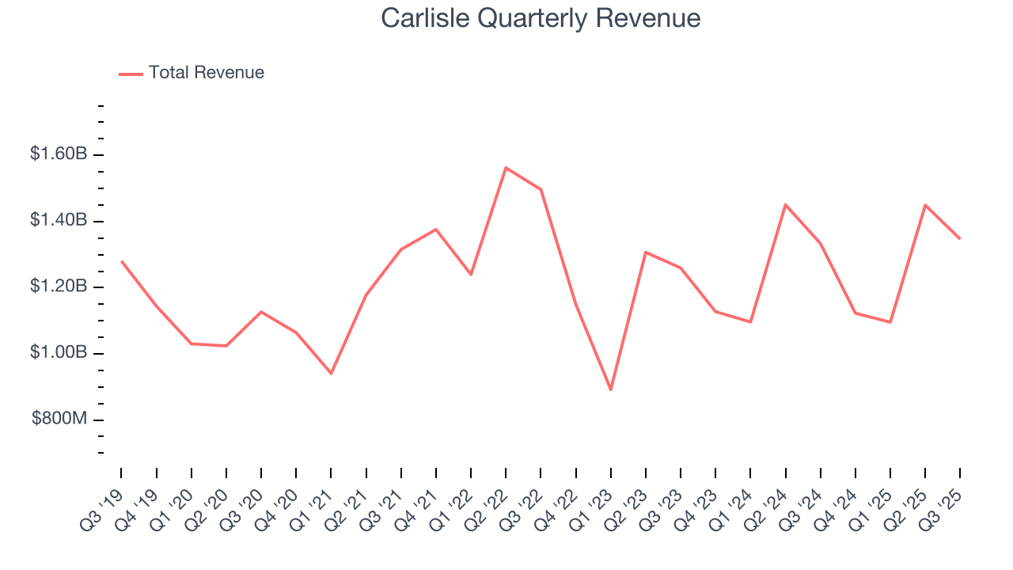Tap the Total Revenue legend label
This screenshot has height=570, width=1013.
coord(206,73)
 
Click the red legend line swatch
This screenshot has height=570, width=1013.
coord(131,74)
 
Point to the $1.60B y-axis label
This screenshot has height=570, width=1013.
coord(59,154)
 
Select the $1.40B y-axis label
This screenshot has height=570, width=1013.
coord(59,220)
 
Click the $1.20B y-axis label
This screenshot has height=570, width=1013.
coord(59,286)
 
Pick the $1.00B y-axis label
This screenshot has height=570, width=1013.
coord(59,352)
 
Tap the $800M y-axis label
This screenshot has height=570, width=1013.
coord(60,418)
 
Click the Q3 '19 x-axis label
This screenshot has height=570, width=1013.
coord(103,507)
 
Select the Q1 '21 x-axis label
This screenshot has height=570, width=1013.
coord(313,507)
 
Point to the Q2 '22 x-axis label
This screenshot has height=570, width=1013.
coord(488,507)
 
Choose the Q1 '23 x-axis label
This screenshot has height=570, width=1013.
coord(593,507)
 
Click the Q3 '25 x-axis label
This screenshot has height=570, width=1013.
coord(943,507)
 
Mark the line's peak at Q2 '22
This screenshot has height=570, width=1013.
coord(506,168)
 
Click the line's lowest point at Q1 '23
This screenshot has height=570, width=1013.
coord(611,389)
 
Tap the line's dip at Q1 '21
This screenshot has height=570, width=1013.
coord(331,373)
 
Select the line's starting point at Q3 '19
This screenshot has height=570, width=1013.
coord(121,261)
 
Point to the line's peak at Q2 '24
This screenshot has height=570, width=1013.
coord(785,204)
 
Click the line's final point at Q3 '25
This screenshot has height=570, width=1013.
coord(960,238)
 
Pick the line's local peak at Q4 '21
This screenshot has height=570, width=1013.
coord(436,230)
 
